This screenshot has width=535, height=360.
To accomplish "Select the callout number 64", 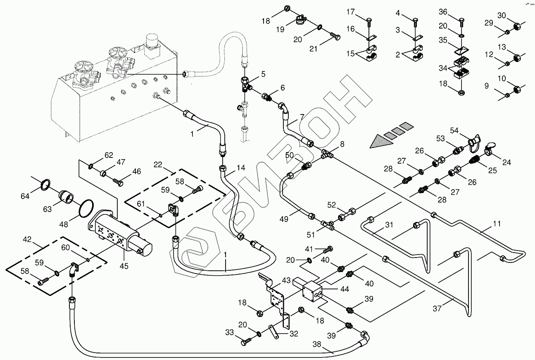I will (26, 195).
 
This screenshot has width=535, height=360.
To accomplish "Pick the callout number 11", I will (497, 224).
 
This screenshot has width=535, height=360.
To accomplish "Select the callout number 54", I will (454, 131).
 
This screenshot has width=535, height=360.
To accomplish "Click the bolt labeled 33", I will (247, 341).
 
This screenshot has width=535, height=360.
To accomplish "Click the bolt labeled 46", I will (118, 181).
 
